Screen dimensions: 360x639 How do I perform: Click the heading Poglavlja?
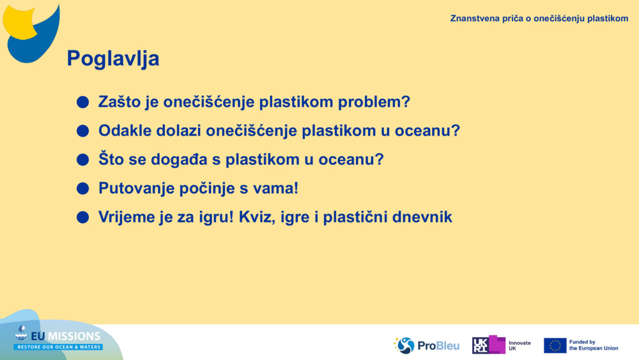tap(112, 59)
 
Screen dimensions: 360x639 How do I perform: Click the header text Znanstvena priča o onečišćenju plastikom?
tap(539, 18)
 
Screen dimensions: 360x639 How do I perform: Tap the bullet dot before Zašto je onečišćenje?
tap(82, 102)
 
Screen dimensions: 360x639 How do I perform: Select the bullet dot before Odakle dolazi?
tap(82, 131)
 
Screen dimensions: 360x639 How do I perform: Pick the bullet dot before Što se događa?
tap(82, 160)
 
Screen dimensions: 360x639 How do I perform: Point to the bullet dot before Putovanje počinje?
tap(82, 189)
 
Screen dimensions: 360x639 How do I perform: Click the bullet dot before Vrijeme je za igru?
tap(82, 217)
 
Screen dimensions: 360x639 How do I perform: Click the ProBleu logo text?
tap(438, 346)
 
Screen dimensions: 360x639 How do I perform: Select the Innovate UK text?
tap(519, 345)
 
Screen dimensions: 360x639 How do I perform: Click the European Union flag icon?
tap(555, 345)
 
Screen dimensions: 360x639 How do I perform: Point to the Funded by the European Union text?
tap(593, 345)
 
